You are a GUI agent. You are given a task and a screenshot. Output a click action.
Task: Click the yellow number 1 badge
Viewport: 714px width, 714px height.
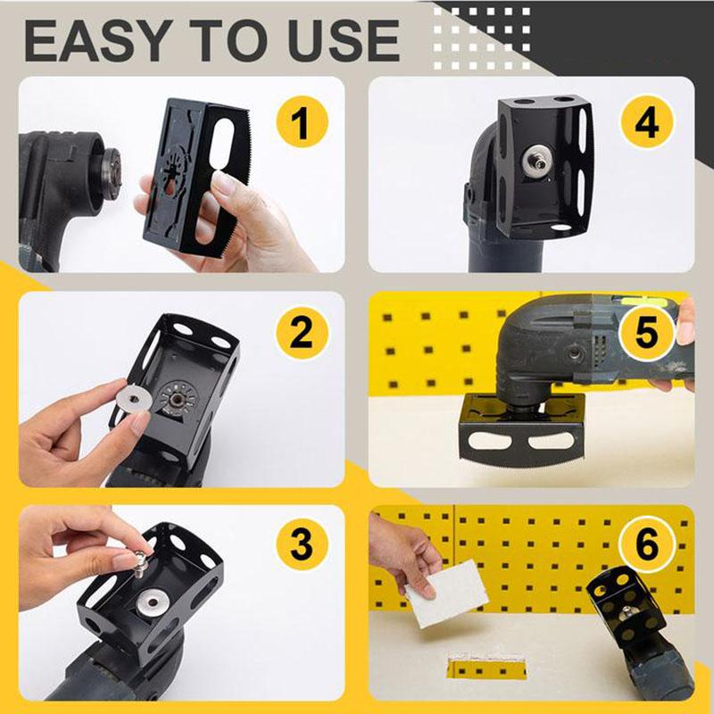click(x=301, y=123)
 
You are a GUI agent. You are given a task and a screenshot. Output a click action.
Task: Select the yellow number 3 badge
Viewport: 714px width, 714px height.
click(x=301, y=544)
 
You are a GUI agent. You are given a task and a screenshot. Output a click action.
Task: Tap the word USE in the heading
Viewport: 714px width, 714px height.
click(x=343, y=40)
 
